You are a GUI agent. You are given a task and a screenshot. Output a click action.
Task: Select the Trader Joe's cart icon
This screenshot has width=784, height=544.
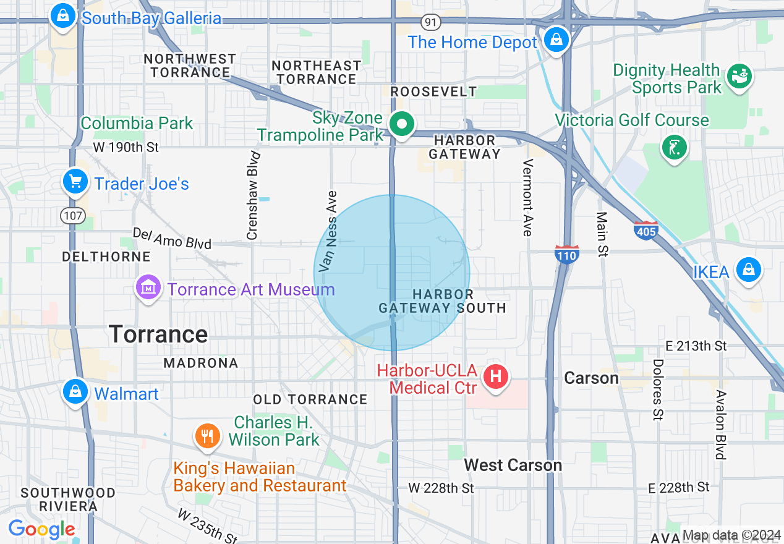[75, 182]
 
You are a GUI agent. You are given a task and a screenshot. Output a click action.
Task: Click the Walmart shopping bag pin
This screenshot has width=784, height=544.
[75, 392]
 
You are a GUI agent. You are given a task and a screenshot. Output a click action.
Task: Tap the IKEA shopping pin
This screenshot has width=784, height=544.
[748, 270]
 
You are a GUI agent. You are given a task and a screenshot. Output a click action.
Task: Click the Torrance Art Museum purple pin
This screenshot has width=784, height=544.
[148, 287]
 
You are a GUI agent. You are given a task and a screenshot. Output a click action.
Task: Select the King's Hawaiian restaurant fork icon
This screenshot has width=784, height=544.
[208, 436]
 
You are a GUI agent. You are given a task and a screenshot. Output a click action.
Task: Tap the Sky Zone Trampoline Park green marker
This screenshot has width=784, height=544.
[403, 124]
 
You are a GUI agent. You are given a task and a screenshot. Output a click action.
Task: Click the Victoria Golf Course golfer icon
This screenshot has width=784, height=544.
[674, 147]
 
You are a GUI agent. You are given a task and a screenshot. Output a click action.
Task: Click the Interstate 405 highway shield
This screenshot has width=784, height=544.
[646, 231]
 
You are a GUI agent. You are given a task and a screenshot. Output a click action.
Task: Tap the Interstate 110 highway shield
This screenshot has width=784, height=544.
[566, 254]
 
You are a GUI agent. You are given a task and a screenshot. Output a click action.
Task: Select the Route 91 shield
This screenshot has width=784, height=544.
[430, 22]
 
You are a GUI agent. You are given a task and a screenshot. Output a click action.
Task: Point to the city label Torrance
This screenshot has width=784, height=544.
[158, 334]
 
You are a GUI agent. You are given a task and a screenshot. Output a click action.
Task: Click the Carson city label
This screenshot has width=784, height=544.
[591, 378]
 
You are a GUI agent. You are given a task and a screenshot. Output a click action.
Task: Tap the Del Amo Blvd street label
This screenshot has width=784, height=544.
[172, 238]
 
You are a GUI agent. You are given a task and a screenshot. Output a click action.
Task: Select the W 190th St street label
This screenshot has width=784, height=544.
[126, 147]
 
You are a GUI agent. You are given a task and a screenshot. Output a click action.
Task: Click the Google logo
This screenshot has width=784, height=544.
[41, 530]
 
